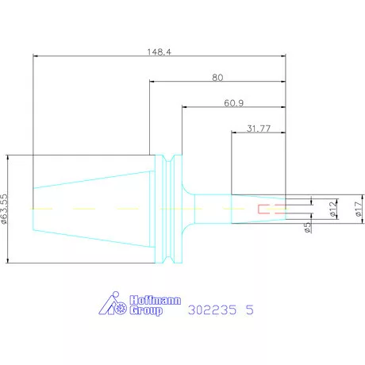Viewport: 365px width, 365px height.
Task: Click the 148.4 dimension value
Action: coord(159,52)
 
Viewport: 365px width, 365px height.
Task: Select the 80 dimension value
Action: coord(217,78)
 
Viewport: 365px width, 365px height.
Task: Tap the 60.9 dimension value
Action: coord(234,103)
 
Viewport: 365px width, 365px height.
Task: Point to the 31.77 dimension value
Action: coord(259,129)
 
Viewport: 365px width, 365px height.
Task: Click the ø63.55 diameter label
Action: coord(5,209)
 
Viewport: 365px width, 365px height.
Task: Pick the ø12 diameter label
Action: coord(334,208)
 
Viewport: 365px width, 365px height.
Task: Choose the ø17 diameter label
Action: coord(359,209)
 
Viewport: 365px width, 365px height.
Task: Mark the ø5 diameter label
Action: coord(307,228)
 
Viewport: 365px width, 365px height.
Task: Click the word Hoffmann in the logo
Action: coord(156,301)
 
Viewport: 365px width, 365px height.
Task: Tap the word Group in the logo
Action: coord(146,310)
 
